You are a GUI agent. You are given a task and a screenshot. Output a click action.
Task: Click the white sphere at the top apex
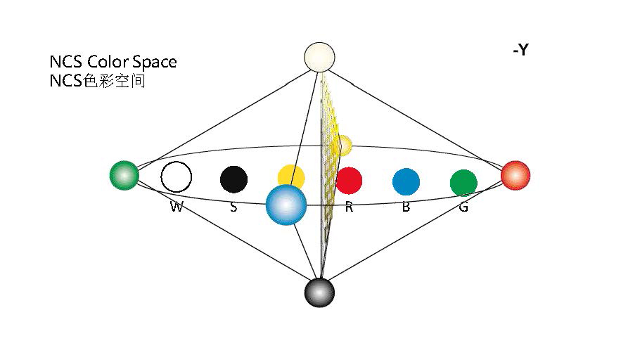click(x=319, y=56)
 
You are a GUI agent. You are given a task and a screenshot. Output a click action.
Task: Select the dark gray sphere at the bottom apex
click(x=319, y=292)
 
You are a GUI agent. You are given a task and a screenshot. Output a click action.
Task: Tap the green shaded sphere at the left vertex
click(x=124, y=175)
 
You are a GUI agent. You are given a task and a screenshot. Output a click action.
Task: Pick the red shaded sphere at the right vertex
click(x=515, y=175)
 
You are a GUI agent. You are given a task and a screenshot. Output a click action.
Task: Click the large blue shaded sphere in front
click(x=286, y=205)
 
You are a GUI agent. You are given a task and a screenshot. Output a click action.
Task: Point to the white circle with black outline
click(x=176, y=176)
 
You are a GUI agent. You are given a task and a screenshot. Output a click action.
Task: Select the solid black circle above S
click(x=233, y=179)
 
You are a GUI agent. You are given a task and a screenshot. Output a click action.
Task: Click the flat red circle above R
click(x=349, y=180)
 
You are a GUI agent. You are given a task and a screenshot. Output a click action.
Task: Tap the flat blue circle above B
click(x=406, y=181)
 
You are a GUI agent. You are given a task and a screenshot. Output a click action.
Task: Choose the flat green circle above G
click(x=463, y=183)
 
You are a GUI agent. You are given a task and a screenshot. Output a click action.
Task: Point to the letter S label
click(x=233, y=207)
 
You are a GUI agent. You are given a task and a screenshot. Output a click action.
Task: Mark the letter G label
click(x=463, y=207)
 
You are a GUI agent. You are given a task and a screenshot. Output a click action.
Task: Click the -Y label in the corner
click(x=520, y=51)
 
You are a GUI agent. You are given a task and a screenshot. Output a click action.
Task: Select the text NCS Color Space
click(x=113, y=62)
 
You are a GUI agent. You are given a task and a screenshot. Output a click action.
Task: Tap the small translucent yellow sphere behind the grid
click(x=343, y=145)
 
